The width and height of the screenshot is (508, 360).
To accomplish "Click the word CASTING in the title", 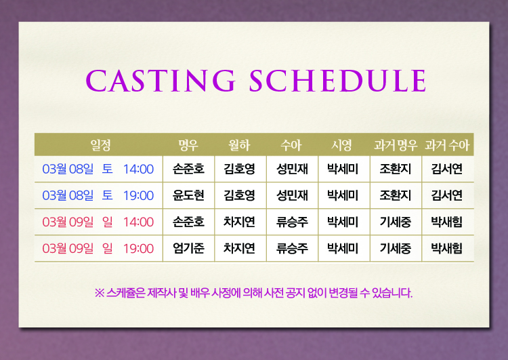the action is click(161, 81).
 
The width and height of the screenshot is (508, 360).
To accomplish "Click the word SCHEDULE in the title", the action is click(337, 81).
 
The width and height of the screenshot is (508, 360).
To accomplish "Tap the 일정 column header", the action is click(100, 145).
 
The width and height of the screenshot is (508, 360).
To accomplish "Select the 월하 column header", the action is click(239, 145).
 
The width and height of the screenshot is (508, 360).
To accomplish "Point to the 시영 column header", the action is click(341, 145).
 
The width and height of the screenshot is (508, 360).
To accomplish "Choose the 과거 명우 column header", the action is click(396, 145).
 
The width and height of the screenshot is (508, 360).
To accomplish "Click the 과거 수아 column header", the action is click(447, 145).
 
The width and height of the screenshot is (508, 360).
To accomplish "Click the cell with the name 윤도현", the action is click(188, 195).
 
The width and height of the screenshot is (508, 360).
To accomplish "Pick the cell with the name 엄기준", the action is click(188, 248).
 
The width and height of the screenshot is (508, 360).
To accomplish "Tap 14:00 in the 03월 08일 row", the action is click(138, 169).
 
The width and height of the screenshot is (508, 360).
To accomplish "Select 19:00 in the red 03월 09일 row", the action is click(138, 248).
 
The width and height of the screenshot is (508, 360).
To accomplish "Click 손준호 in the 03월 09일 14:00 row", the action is click(188, 222).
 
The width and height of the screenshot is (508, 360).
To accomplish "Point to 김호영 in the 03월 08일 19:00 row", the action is click(239, 195).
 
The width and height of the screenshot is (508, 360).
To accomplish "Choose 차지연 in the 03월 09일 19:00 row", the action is click(239, 248).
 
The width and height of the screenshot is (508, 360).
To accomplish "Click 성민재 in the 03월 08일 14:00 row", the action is click(292, 169).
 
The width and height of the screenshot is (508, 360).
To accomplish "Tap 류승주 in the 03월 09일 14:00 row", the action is click(292, 222).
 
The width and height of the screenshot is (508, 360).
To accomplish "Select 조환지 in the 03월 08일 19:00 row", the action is click(396, 195).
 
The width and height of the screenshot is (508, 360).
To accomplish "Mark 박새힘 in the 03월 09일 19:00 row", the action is click(447, 248).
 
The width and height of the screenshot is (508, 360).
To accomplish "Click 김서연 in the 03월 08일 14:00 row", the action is click(447, 169).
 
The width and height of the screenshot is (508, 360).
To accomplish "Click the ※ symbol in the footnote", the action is click(100, 293).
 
